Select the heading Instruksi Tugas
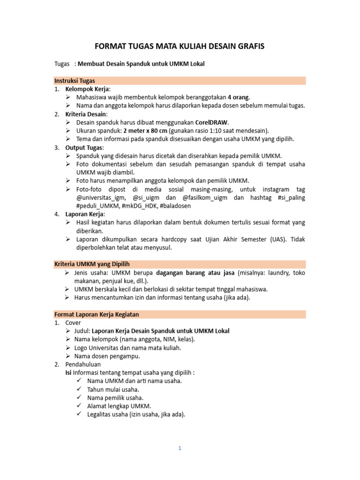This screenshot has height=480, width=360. pyautogui.click(x=75, y=81)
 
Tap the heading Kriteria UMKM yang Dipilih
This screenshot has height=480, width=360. pyautogui.click(x=92, y=264)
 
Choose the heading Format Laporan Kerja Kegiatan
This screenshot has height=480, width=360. pyautogui.click(x=97, y=314)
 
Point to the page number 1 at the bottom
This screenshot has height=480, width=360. pyautogui.click(x=180, y=448)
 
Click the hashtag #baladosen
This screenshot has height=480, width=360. pyautogui.click(x=175, y=206)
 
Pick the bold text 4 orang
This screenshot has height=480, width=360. pyautogui.click(x=239, y=97)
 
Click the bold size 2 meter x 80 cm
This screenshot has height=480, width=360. pyautogui.click(x=145, y=130)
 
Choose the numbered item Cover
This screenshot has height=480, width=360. pyautogui.click(x=73, y=322)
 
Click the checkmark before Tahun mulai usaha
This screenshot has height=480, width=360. pyautogui.click(x=78, y=389)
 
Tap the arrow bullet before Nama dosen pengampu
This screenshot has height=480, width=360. pyautogui.click(x=68, y=356)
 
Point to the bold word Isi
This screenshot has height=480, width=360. pyautogui.click(x=68, y=373)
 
